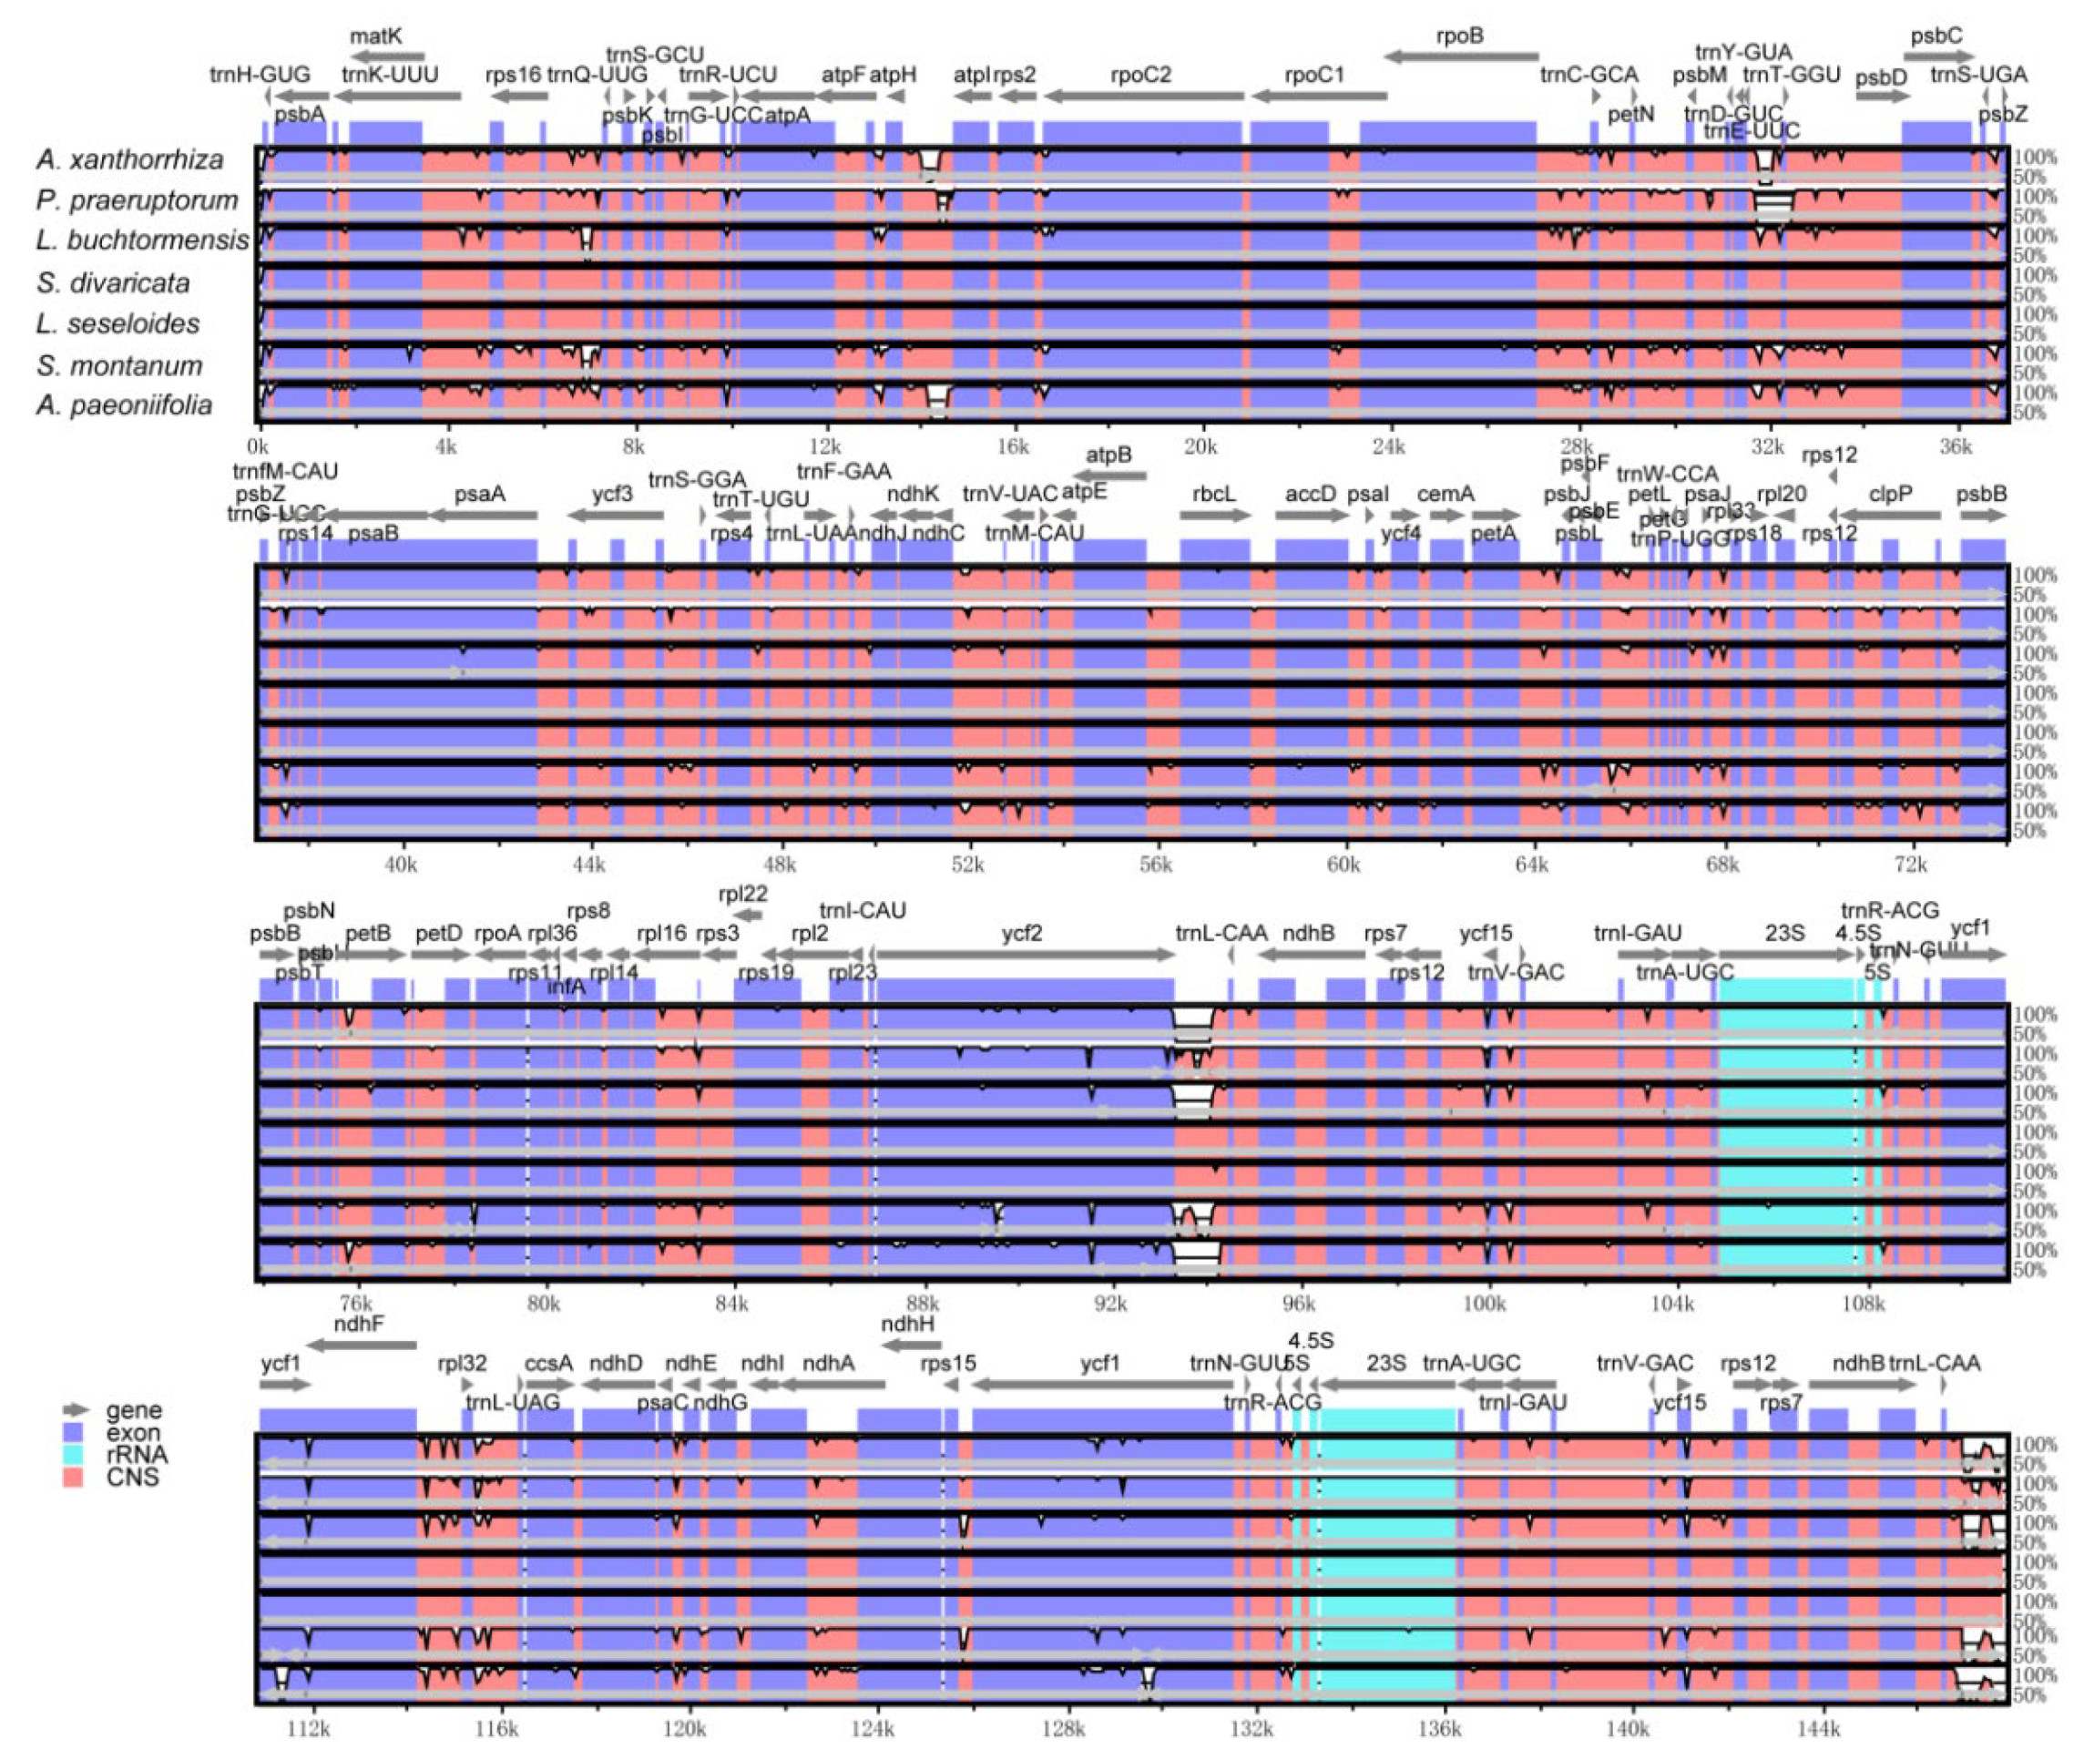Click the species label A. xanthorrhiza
[x=129, y=159]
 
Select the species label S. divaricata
[x=113, y=283]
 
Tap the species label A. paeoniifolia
[x=125, y=405]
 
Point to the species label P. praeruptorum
[x=138, y=200]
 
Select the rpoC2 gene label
[x=1140, y=75]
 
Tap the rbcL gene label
[x=1213, y=494]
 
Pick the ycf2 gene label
[x=1022, y=933]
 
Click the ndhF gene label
[x=359, y=1324]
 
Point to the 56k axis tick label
[x=1155, y=864]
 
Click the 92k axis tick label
[x=1109, y=1303]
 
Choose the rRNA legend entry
[x=136, y=1455]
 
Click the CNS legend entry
[x=132, y=1477]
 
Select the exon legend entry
[x=132, y=1433]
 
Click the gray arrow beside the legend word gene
[x=76, y=1410]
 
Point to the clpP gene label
[x=1891, y=494]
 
